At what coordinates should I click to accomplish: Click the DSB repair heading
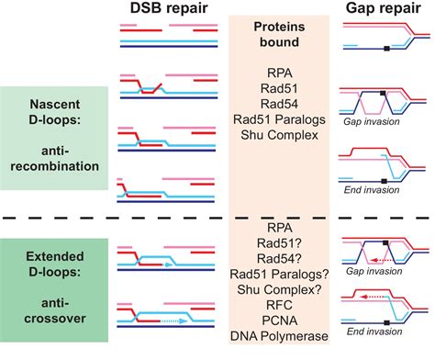(x=169, y=8)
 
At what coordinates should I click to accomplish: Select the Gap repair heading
(x=384, y=8)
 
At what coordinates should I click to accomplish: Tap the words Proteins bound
(x=279, y=34)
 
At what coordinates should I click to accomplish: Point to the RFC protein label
(x=279, y=305)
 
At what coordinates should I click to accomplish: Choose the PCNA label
(x=280, y=321)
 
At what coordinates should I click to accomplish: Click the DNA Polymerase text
(x=279, y=336)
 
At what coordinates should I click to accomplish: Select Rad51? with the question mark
(x=279, y=243)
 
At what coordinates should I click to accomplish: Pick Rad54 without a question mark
(x=279, y=104)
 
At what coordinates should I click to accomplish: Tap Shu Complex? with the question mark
(x=279, y=289)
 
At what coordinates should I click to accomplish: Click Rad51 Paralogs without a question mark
(x=279, y=119)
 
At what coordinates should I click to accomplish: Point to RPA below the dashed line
(x=280, y=228)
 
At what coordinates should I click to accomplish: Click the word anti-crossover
(x=55, y=310)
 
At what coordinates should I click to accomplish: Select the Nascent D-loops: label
(x=55, y=112)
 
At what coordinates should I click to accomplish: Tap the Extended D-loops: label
(x=55, y=264)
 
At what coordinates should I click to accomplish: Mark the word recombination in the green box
(x=55, y=166)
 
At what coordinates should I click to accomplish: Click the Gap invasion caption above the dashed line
(x=372, y=121)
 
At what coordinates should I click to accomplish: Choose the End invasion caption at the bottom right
(x=374, y=332)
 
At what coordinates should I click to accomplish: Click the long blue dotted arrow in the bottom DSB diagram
(x=173, y=321)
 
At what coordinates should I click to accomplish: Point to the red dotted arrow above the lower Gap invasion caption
(x=381, y=261)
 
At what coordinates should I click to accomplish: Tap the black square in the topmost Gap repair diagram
(x=387, y=49)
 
